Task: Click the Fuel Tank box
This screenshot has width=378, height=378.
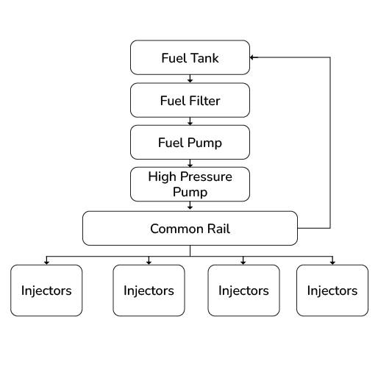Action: [x=190, y=57]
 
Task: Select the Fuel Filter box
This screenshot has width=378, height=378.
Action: [x=190, y=101]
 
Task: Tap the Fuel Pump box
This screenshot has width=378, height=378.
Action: [x=190, y=142]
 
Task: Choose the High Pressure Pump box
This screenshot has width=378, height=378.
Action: [x=190, y=184]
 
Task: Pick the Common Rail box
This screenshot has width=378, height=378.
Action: [x=190, y=228]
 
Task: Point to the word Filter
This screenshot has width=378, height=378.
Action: [x=203, y=101]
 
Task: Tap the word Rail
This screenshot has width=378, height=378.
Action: [x=218, y=229]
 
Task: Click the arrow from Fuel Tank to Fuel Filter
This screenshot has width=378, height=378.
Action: [x=190, y=79]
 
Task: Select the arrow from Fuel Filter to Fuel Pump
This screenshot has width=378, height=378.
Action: [x=190, y=121]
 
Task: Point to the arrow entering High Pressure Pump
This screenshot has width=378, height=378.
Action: [x=190, y=163]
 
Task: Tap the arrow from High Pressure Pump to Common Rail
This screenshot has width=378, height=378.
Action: [x=190, y=207]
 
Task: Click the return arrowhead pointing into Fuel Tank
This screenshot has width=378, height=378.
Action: [x=252, y=57]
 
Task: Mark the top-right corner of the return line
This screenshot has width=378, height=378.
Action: [x=329, y=57]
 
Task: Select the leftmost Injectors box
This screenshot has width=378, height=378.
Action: [x=46, y=290]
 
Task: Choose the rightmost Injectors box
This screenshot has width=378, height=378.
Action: [x=332, y=290]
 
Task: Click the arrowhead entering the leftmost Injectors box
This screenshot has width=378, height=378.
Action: [x=46, y=262]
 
